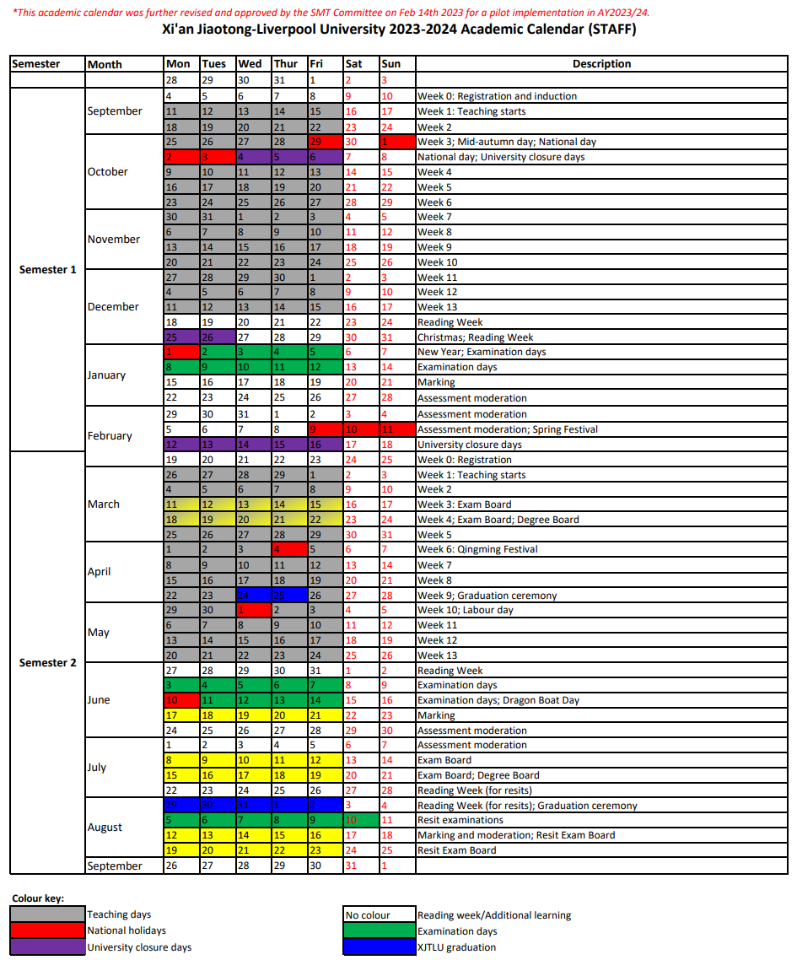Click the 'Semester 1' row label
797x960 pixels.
pyautogui.click(x=48, y=270)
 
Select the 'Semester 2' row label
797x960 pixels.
pyautogui.click(x=48, y=663)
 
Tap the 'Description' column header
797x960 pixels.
pyautogui.click(x=601, y=64)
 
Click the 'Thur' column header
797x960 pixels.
pyautogui.click(x=286, y=64)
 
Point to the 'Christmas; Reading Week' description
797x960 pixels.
pyautogui.click(x=476, y=337)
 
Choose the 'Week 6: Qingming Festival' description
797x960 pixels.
pyautogui.click(x=478, y=549)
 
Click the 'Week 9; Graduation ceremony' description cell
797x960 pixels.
pyautogui.click(x=487, y=596)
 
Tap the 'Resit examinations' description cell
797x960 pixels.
pyautogui.click(x=460, y=820)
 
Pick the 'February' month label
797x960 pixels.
pyautogui.click(x=110, y=436)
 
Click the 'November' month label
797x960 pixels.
pyautogui.click(x=114, y=240)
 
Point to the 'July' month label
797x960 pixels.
pyautogui.click(x=97, y=768)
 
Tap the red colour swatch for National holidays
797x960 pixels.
pyautogui.click(x=48, y=930)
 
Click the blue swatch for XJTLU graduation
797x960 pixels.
pyautogui.click(x=379, y=947)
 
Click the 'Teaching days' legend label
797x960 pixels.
pyautogui.click(x=119, y=914)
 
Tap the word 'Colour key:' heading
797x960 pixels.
pyautogui.click(x=38, y=898)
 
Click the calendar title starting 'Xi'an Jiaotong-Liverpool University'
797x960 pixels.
pyautogui.click(x=399, y=30)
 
